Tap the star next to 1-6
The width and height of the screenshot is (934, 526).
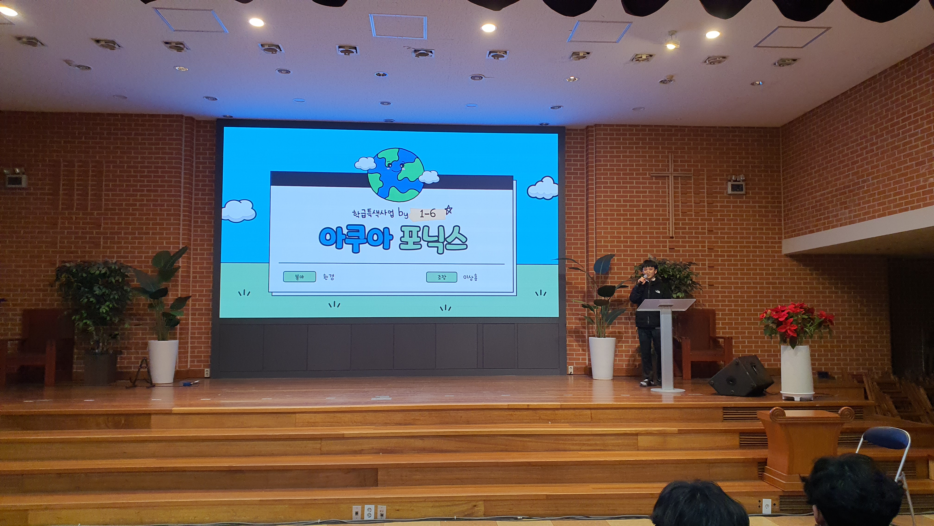[x=448, y=210]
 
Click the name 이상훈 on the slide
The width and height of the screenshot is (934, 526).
[x=470, y=278]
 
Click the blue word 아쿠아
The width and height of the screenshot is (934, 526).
[x=356, y=238]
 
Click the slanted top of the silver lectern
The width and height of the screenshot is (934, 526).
[x=666, y=305]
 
